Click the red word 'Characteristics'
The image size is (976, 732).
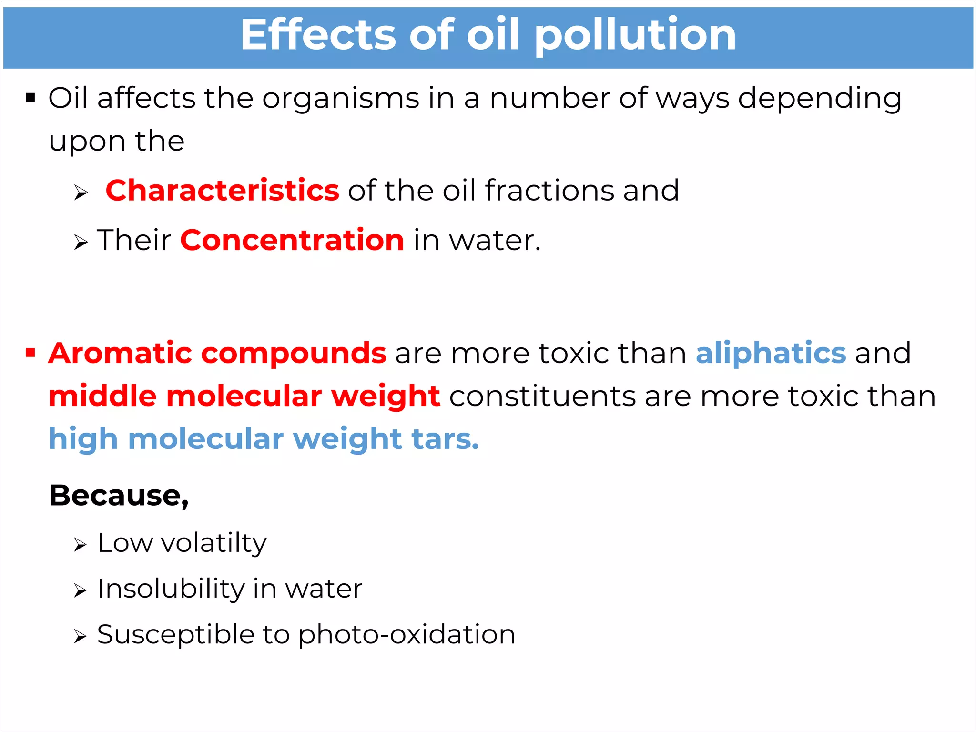point(222,191)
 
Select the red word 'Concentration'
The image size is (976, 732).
point(292,240)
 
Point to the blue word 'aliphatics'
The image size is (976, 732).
point(771,353)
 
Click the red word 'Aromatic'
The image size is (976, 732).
point(120,353)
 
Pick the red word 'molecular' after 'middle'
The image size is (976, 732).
point(244,396)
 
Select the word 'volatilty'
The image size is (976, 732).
point(214,543)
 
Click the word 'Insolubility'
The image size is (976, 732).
point(171,589)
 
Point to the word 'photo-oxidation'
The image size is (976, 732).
point(407,635)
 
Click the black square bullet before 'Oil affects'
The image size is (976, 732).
point(30,98)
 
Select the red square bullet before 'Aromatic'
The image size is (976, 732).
point(30,353)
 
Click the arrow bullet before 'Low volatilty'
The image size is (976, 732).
point(80,545)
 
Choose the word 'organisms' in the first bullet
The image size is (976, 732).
point(341,99)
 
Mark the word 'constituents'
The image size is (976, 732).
point(542,396)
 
